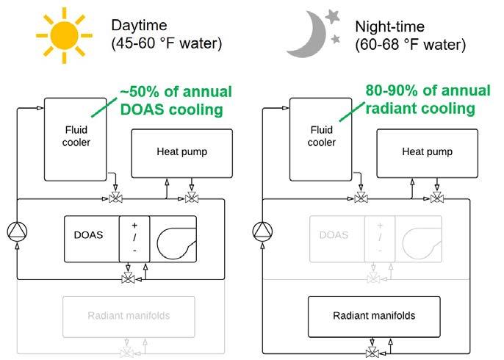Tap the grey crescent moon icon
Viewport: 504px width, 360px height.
(x=309, y=35)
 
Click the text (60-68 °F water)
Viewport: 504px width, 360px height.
(x=410, y=44)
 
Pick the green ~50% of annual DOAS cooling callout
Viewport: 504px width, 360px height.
(x=177, y=100)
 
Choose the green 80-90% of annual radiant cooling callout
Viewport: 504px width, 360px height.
(x=428, y=100)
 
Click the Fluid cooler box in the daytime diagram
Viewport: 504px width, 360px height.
(x=76, y=139)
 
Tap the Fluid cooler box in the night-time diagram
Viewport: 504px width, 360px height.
(x=321, y=139)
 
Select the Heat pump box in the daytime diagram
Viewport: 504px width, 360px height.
(x=181, y=152)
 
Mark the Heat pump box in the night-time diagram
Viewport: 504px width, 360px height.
(x=427, y=152)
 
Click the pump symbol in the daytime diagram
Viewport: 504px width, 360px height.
(x=17, y=232)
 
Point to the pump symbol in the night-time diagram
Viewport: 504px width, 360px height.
(x=262, y=232)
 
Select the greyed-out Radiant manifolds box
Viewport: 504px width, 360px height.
(x=129, y=316)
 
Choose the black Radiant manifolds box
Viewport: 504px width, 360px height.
(x=375, y=316)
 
